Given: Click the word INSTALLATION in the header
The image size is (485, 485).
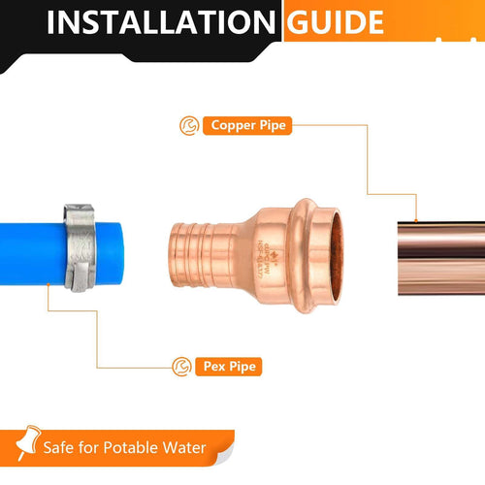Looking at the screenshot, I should coord(161,21).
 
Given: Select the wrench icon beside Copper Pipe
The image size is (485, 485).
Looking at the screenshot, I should coord(188,125).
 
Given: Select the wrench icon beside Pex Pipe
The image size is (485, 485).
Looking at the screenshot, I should coord(179,367).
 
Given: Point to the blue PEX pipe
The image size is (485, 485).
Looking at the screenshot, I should coord(29,254).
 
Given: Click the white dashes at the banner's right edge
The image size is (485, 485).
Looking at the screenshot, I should coord(456,38).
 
